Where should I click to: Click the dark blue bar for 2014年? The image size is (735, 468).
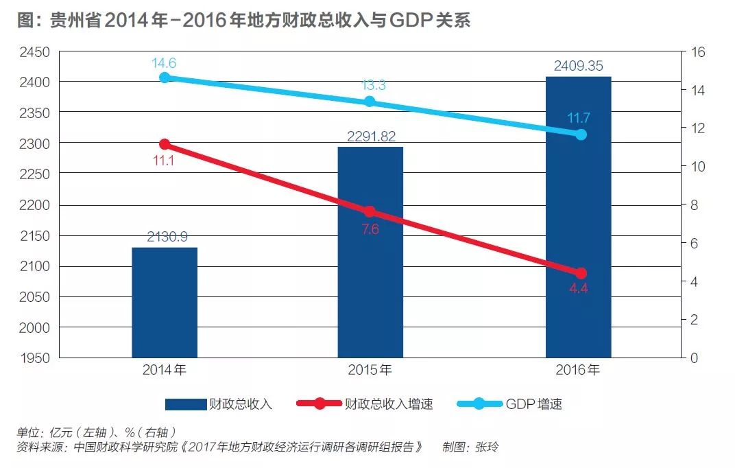tap(165, 302)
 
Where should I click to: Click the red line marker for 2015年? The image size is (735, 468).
tap(370, 212)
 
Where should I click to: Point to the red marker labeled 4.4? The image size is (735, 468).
tap(581, 273)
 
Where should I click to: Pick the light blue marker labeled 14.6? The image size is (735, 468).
tap(165, 78)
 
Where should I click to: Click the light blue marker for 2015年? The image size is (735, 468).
tap(370, 102)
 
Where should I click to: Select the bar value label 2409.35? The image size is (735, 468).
tap(578, 67)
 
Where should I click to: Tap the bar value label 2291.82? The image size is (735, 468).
tap(371, 137)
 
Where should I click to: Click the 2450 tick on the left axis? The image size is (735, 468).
tap(35, 52)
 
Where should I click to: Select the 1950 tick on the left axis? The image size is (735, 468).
tap(35, 358)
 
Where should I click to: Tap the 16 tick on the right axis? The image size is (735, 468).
tap(699, 52)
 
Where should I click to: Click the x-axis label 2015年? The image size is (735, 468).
tap(370, 371)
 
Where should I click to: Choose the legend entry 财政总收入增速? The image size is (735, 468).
tap(387, 404)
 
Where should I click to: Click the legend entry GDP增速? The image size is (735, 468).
tap(534, 404)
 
